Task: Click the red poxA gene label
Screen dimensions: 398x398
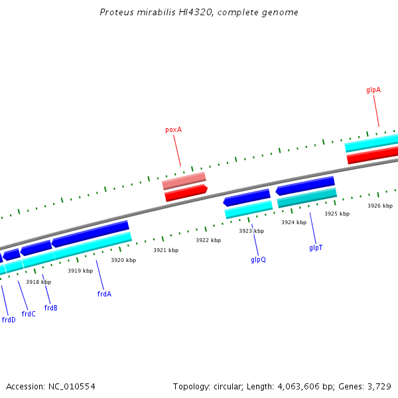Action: pos(173,130)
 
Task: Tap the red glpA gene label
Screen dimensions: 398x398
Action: pos(373,90)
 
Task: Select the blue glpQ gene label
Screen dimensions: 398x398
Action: pos(258,259)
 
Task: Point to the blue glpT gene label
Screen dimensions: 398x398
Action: pos(316,247)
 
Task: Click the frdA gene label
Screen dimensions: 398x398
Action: pos(104,294)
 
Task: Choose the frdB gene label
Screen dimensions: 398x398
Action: pos(51,308)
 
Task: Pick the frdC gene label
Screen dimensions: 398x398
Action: pos(29,314)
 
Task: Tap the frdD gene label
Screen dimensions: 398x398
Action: pos(9,320)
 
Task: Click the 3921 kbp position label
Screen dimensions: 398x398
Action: pos(166,250)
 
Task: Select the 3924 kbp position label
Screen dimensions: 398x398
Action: pos(294,222)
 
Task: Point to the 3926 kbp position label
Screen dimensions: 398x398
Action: pos(380,206)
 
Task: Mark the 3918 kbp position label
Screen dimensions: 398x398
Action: pos(38,282)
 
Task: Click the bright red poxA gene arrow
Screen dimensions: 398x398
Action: pos(186,193)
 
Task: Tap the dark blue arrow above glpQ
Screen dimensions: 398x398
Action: pos(247,197)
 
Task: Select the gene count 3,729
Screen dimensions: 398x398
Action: pos(379,386)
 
